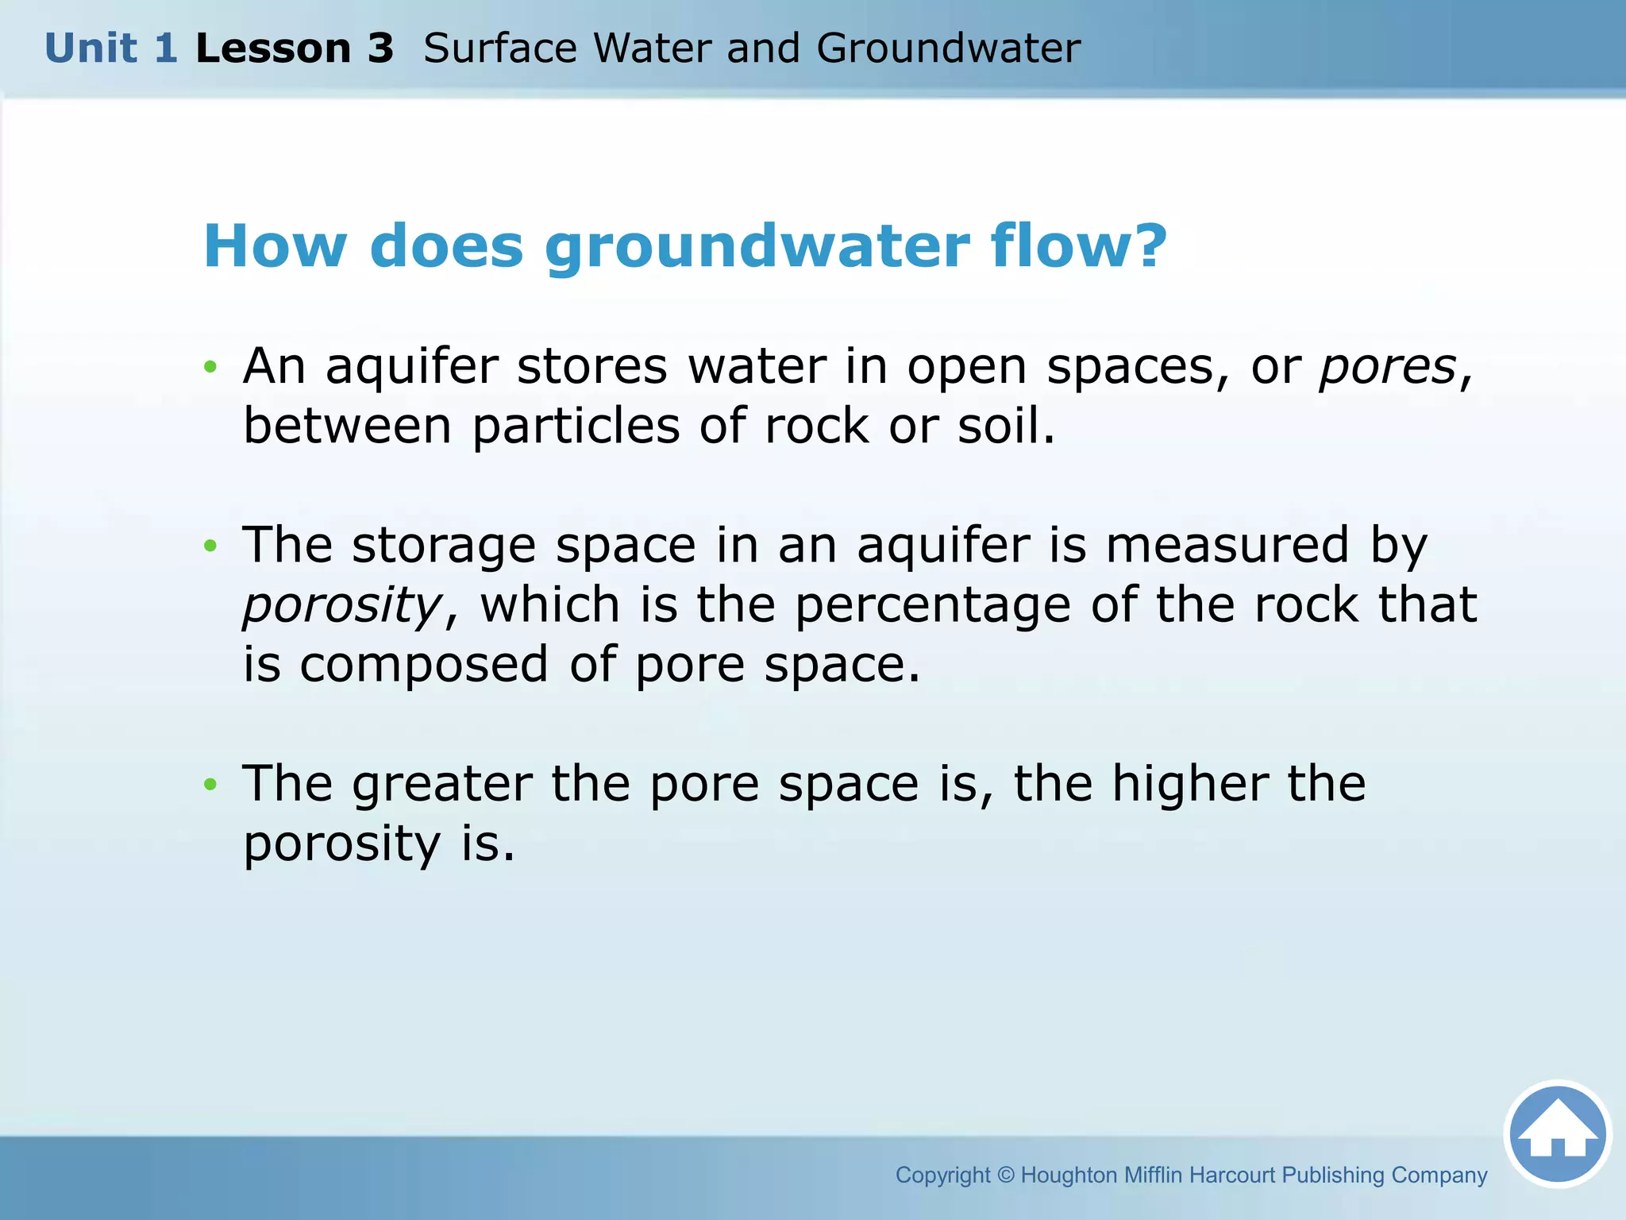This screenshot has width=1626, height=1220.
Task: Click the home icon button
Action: pos(1558,1134)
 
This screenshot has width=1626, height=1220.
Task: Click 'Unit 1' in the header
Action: pos(111,48)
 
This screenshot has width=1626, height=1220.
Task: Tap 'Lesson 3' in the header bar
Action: pos(295,48)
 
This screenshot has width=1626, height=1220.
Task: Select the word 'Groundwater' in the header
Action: pos(948,48)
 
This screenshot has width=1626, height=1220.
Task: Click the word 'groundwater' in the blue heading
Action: pos(757,247)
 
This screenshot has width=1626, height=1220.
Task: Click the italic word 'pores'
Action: pos(1387,368)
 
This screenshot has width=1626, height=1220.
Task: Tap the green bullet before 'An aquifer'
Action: pos(210,367)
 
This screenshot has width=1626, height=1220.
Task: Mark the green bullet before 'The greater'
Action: pos(210,785)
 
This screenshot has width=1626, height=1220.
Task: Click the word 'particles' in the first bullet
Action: pos(576,427)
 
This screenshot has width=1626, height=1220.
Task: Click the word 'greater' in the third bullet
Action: pos(442,785)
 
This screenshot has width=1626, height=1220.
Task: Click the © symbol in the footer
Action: pos(1005,1175)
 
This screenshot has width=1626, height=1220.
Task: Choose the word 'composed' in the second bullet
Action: pos(424,666)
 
